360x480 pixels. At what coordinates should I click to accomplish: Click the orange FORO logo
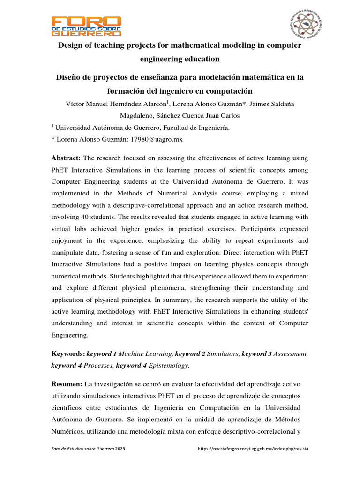click(x=86, y=26)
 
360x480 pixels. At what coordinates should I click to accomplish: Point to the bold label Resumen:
click(x=67, y=384)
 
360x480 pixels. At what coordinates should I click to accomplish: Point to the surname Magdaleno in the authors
click(x=139, y=115)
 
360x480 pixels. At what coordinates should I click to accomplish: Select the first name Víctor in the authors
click(x=76, y=103)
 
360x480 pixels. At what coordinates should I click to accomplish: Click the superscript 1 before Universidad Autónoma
click(x=52, y=125)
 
